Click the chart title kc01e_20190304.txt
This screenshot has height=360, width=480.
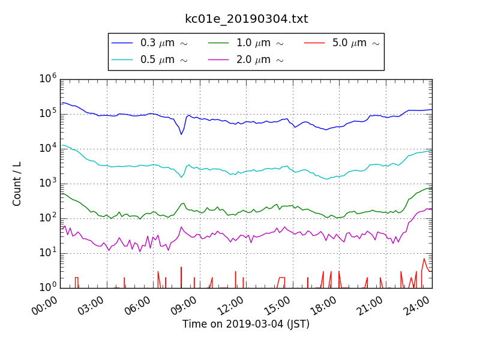coord(246,19)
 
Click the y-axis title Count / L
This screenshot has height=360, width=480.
coord(17,184)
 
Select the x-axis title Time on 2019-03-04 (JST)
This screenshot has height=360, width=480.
coord(246,325)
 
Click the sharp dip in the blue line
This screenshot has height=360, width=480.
coord(181,134)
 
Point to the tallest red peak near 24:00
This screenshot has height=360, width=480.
coord(424,259)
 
